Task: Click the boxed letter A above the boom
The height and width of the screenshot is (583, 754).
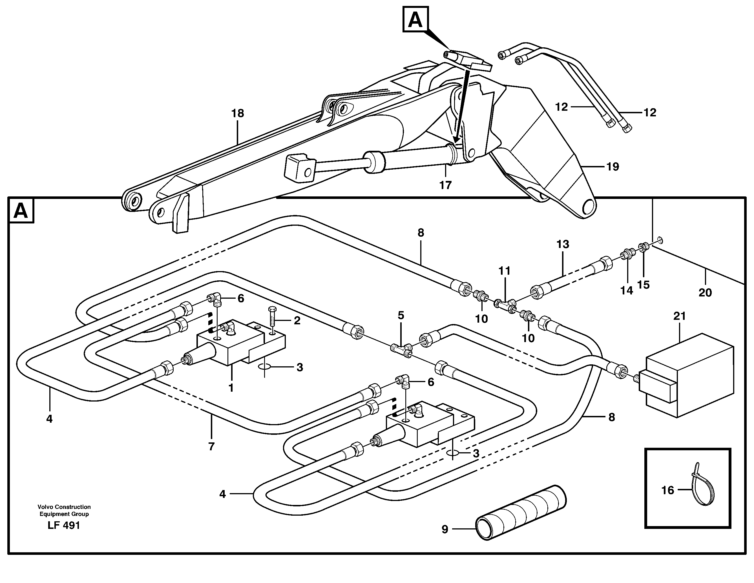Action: [x=415, y=20]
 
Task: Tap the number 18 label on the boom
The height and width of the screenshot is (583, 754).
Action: [x=238, y=113]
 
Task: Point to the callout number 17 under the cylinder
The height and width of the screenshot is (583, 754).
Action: [x=445, y=185]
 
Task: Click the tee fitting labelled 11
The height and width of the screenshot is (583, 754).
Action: [x=505, y=303]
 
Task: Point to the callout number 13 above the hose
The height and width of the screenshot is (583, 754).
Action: [x=562, y=244]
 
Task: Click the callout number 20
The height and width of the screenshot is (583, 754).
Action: [x=705, y=292]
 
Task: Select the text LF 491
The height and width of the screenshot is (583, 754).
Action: [x=64, y=525]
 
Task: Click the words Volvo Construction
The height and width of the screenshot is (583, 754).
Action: [x=64, y=507]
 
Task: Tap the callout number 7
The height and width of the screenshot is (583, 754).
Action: [x=211, y=446]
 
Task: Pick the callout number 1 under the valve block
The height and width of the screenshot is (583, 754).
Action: [x=231, y=388]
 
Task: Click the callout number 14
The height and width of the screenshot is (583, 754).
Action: [x=627, y=290]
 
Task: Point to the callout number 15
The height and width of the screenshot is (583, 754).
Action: [x=644, y=285]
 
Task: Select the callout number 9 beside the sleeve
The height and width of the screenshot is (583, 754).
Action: [x=445, y=529]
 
